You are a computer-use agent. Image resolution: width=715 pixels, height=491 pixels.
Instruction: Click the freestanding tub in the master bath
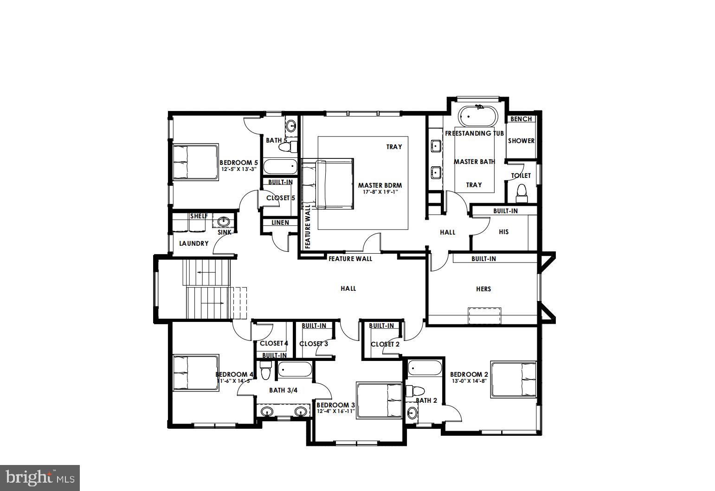point(477,116)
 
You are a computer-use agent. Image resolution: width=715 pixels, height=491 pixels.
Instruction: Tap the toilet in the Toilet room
point(522,194)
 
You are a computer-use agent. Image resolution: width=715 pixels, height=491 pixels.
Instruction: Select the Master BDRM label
point(380,185)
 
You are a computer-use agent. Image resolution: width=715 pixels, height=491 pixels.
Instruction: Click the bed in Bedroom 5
point(195,162)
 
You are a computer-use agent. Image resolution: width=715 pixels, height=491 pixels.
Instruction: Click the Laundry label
point(194,243)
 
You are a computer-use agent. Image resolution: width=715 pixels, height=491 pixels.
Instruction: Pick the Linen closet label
point(280,223)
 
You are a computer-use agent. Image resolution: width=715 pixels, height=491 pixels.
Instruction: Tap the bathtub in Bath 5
point(280,166)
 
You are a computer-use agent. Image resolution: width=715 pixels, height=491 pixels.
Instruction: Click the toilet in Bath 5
point(288,147)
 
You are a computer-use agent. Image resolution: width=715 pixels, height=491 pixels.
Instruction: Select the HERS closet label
point(483,289)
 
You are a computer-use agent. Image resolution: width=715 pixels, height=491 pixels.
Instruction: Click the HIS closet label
point(504,232)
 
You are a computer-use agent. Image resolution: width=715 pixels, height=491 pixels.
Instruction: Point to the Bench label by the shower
point(521,119)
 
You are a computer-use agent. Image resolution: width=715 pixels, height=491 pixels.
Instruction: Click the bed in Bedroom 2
point(514,380)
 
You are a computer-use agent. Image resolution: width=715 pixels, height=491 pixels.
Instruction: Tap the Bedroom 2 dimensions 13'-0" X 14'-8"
point(469,381)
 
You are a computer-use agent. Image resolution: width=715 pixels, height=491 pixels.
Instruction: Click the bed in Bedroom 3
point(379,400)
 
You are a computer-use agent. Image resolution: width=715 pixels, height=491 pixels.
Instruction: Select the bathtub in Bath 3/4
point(295,370)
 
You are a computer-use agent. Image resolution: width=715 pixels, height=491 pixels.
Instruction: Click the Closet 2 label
point(385,344)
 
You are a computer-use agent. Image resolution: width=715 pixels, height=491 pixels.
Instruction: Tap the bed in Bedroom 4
point(195,373)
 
